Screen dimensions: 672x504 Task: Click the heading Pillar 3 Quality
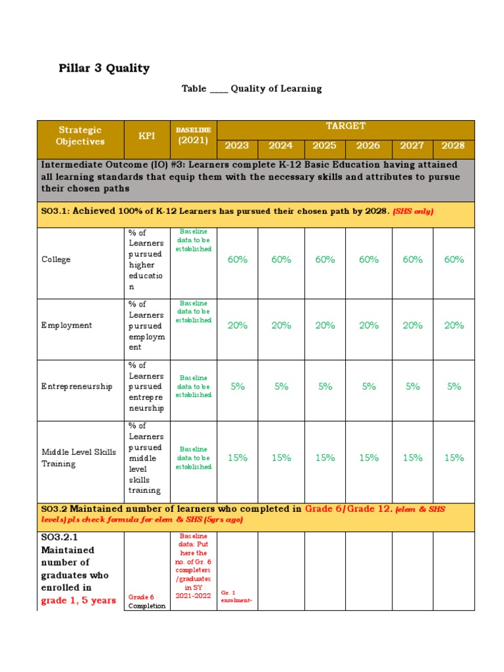[105, 68]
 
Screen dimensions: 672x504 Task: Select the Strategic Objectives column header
[80, 135]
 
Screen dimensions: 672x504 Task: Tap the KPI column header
[146, 135]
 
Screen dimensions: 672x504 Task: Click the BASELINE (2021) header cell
[193, 135]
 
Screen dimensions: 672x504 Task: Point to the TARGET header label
[345, 126]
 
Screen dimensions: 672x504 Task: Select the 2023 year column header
[237, 146]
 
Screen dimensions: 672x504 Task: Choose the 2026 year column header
[368, 146]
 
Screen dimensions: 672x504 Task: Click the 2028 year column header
[453, 146]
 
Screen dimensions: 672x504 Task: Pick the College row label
[56, 259]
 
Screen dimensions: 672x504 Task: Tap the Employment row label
[66, 325]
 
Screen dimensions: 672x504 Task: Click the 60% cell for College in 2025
[325, 259]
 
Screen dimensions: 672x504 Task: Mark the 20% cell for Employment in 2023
[237, 325]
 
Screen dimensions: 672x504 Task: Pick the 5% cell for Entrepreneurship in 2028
[453, 387]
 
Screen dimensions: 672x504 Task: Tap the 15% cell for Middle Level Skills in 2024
[281, 457]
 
